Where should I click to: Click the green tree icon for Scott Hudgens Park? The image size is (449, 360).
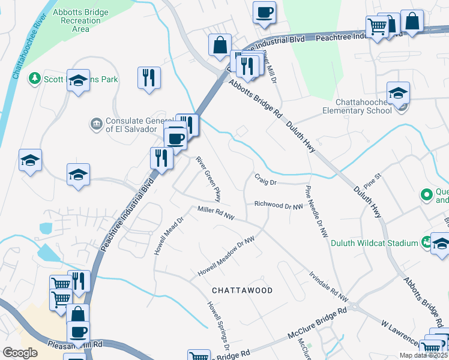point(35,79)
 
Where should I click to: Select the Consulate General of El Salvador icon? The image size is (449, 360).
point(96,124)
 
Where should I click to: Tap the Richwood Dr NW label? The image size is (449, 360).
point(277,205)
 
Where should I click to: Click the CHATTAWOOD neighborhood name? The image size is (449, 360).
point(243,290)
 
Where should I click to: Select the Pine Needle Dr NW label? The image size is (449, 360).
point(316,209)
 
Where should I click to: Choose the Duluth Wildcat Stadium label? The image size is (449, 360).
point(374,243)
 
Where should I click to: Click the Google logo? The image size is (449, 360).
point(20,352)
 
